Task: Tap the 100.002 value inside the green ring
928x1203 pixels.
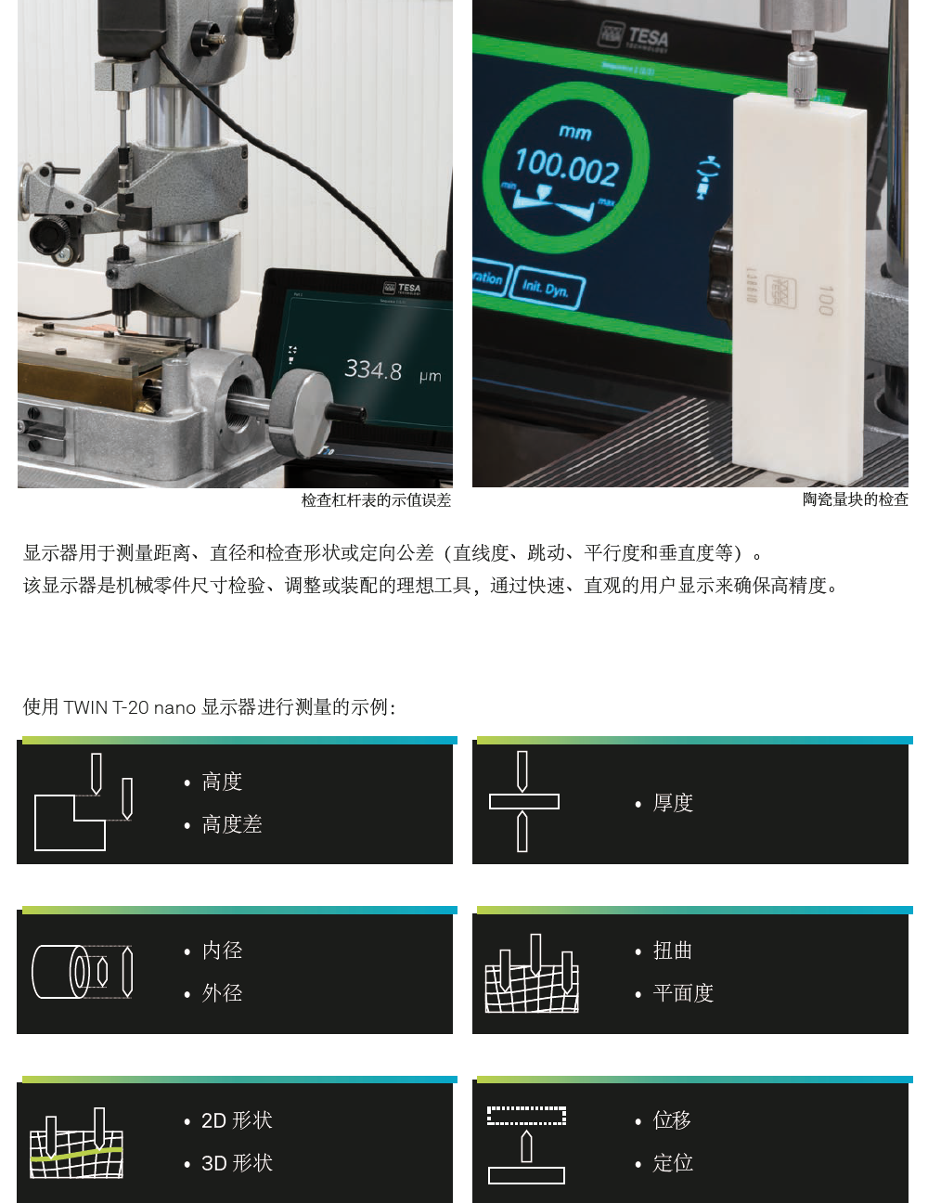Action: click(x=567, y=168)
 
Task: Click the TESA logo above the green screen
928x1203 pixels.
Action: click(x=635, y=37)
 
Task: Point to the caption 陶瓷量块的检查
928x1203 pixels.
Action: click(x=855, y=499)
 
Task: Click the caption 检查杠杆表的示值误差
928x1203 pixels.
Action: click(x=376, y=500)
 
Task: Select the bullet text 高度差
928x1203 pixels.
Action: click(x=232, y=824)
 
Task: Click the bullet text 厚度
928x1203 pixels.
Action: click(x=673, y=803)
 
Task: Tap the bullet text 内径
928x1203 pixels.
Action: click(x=222, y=951)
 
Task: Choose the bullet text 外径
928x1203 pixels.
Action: click(x=222, y=993)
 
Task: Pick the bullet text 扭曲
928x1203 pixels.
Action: click(x=673, y=951)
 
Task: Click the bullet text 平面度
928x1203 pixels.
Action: click(x=683, y=993)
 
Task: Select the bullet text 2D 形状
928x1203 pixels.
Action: click(x=237, y=1120)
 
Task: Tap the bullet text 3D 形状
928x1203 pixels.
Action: click(x=237, y=1163)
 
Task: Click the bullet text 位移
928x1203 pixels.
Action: click(x=673, y=1120)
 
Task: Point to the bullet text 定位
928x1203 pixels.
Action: click(x=673, y=1163)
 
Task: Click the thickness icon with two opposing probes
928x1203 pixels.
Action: click(x=523, y=801)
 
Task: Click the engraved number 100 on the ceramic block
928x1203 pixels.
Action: click(x=826, y=300)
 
